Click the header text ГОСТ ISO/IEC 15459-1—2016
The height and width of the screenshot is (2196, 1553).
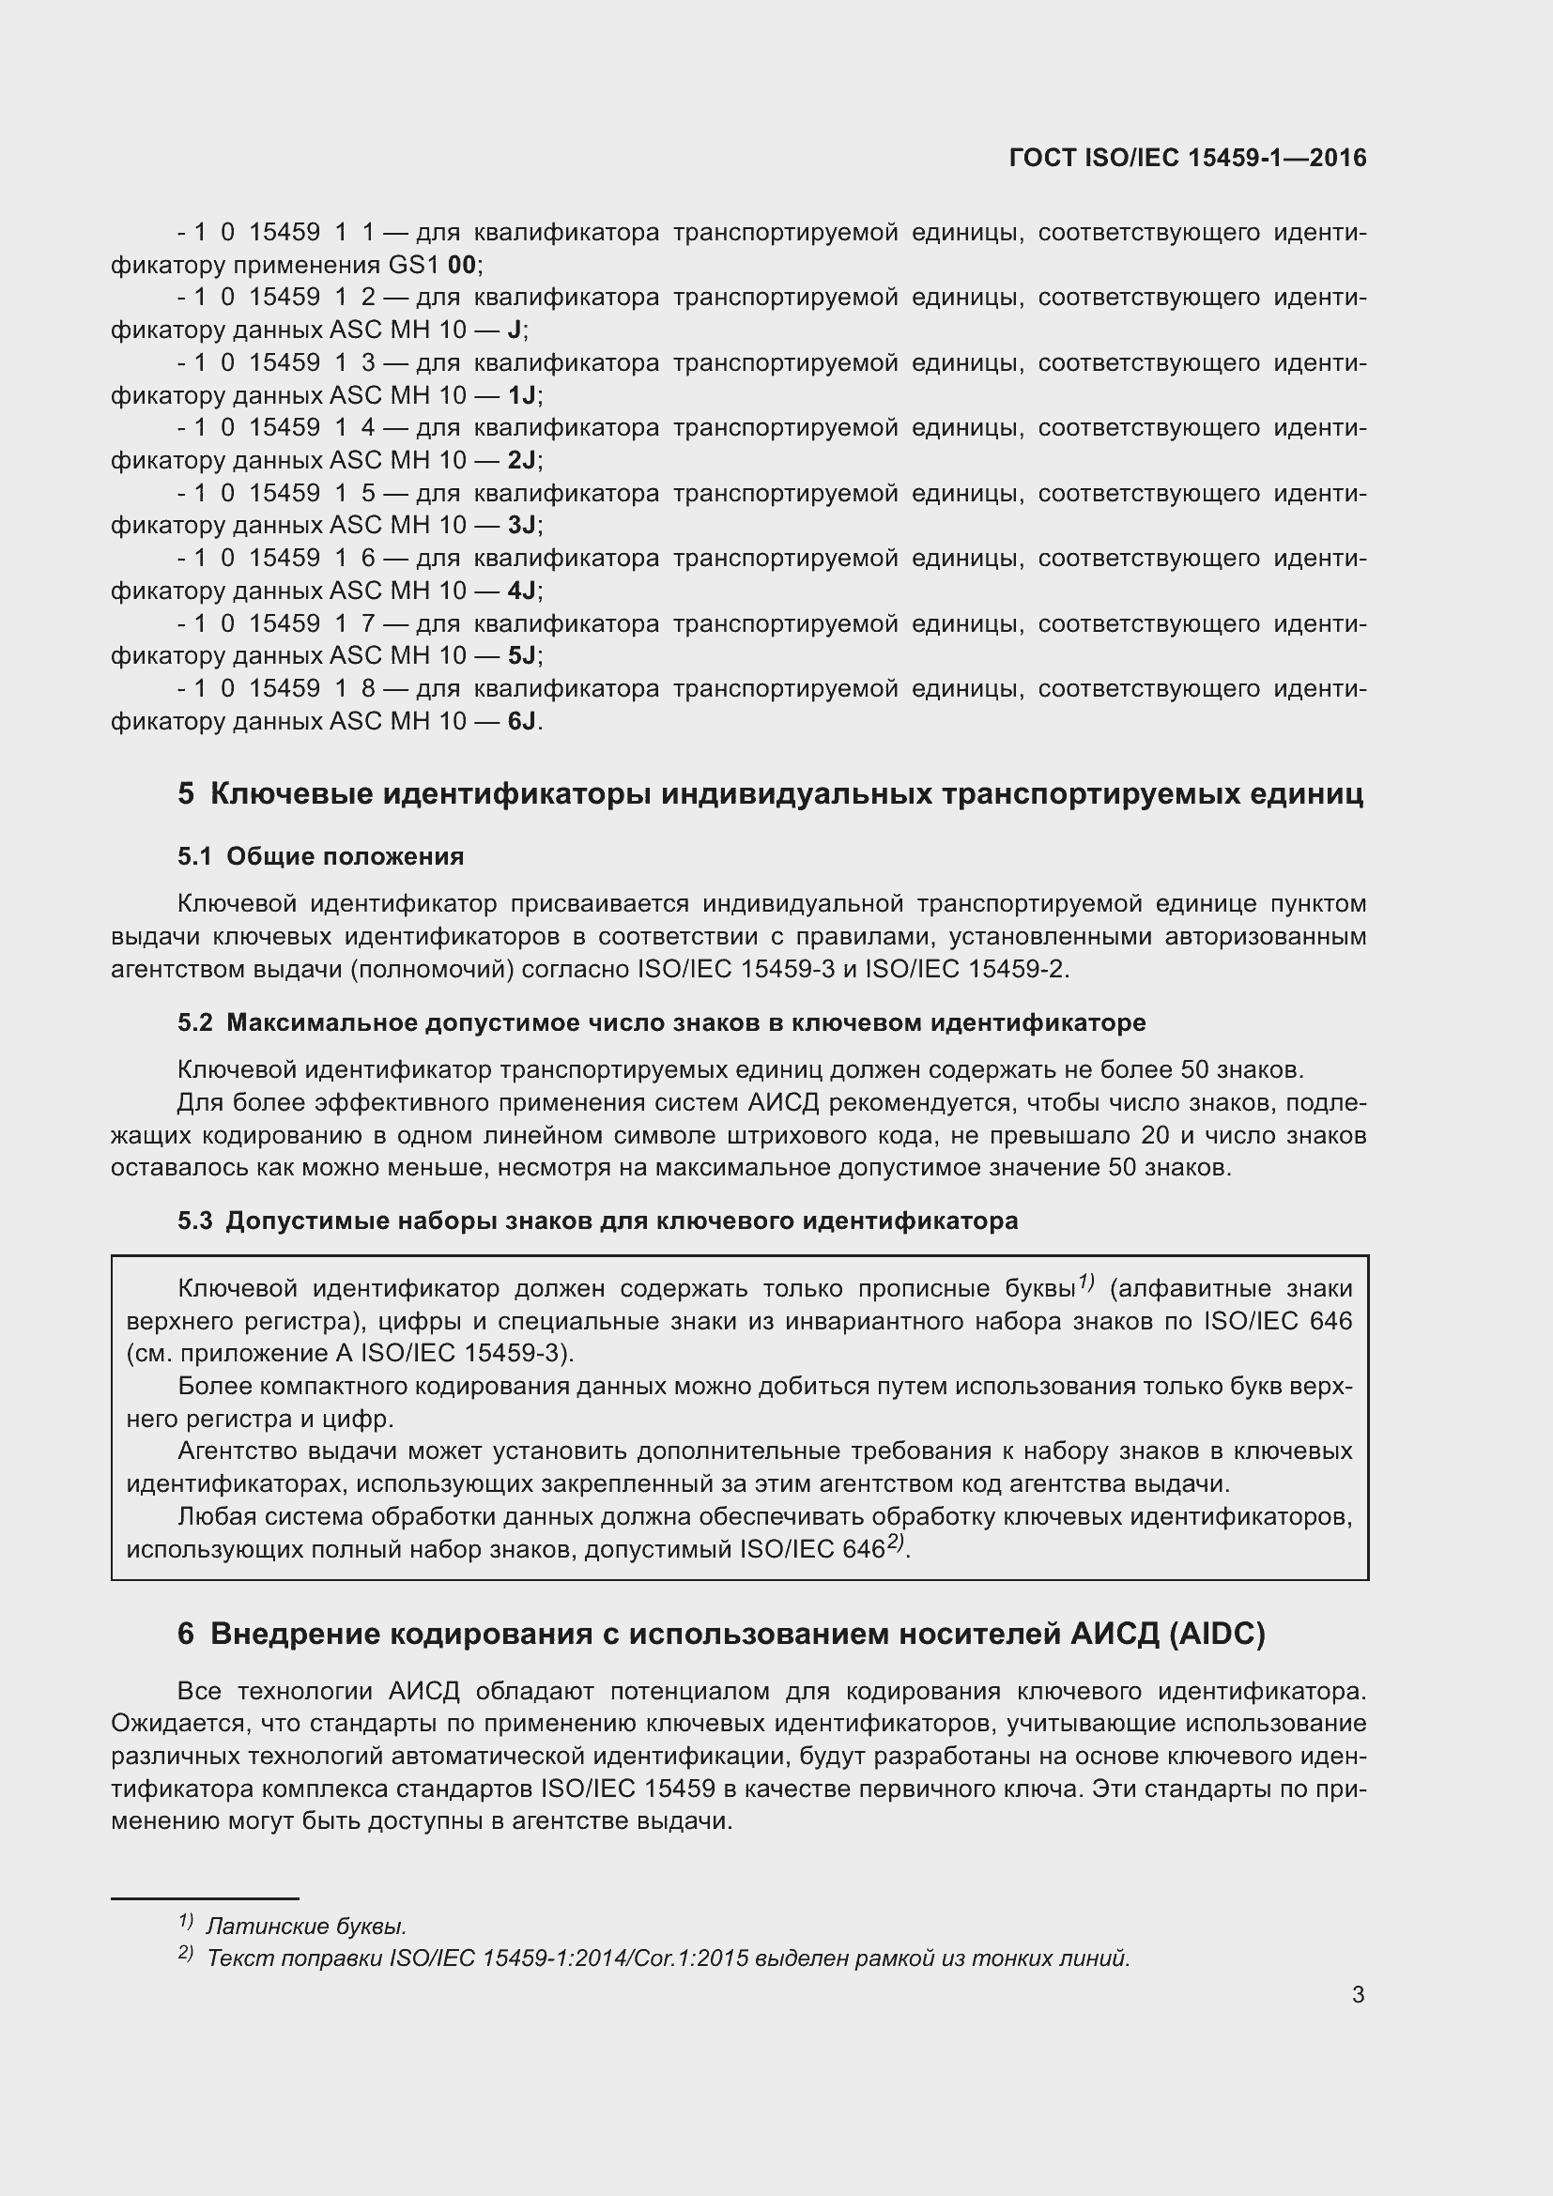point(1187,158)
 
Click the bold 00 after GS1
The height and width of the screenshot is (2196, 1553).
point(461,265)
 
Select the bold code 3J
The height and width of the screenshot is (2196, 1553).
point(521,525)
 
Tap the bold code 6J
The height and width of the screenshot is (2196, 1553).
point(521,720)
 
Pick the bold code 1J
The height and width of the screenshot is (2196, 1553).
point(521,395)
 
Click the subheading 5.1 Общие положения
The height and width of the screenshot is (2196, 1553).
point(320,856)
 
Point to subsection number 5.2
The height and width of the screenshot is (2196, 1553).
point(195,1022)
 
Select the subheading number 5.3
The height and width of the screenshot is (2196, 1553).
point(195,1221)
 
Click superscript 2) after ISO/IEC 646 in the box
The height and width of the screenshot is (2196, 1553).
point(896,1541)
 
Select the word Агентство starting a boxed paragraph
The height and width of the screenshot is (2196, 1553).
point(238,1451)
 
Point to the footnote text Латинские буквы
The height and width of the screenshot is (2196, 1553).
point(306,1927)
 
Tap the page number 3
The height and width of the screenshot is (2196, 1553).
point(1358,1995)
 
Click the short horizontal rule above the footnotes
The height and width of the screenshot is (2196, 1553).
point(205,1898)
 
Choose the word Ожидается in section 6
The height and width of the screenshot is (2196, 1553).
point(170,1724)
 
